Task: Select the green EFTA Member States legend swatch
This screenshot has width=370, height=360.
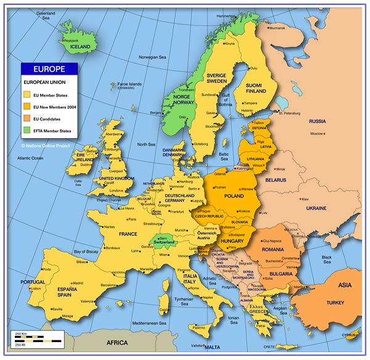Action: point(27,131)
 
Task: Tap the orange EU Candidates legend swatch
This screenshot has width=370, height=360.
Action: point(27,118)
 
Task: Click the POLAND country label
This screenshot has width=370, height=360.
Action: point(234,195)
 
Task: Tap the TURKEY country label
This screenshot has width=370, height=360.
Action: point(335,303)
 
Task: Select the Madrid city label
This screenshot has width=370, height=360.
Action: point(78,283)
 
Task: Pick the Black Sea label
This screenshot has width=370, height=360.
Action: point(327,259)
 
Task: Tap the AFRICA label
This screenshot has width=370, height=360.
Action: point(117,343)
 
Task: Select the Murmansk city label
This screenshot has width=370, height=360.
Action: point(277,28)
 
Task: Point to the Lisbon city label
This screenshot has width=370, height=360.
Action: point(36,288)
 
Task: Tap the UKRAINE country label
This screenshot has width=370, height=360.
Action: point(316,208)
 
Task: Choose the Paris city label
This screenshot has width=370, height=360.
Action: point(132,219)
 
